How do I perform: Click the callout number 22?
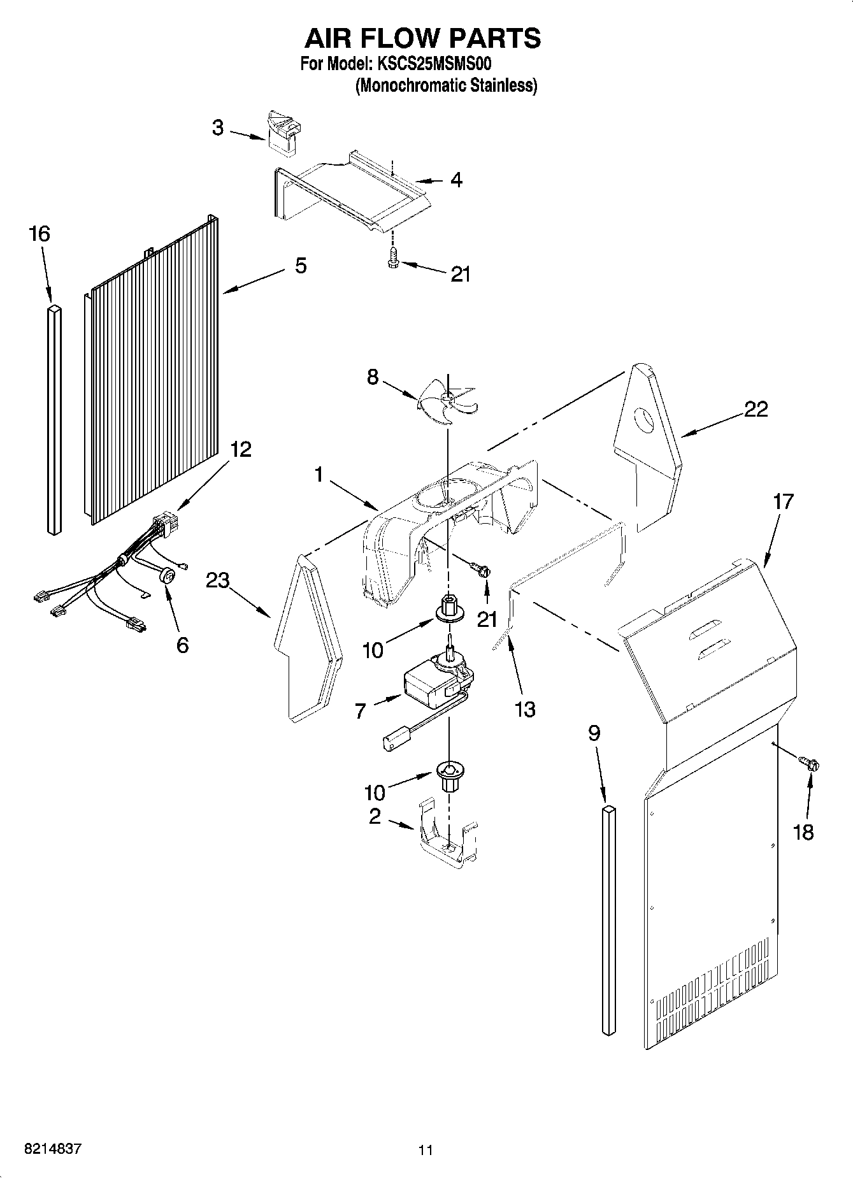point(756,409)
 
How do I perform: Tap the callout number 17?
point(783,501)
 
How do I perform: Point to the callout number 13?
point(524,709)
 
